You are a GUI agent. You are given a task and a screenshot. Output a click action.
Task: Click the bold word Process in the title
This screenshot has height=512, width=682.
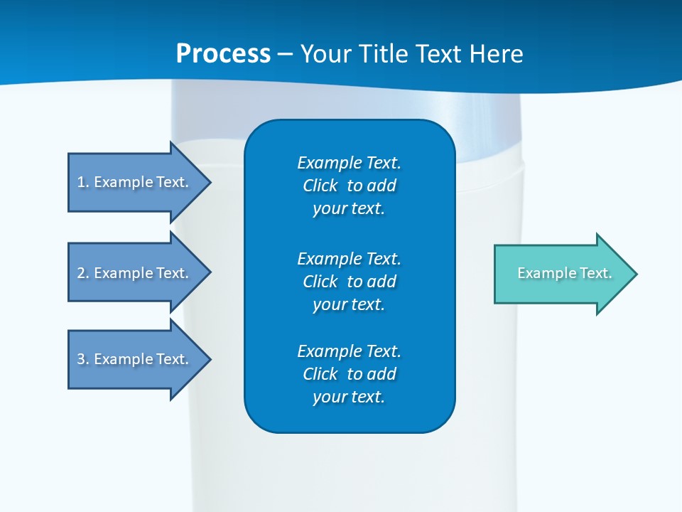pyautogui.click(x=223, y=54)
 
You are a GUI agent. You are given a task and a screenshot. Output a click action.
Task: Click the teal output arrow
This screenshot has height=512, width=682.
pyautogui.click(x=561, y=274)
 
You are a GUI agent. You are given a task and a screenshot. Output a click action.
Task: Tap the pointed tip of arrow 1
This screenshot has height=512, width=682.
pyautogui.click(x=208, y=182)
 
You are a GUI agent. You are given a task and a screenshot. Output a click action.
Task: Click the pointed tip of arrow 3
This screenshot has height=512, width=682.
pyautogui.click(x=208, y=359)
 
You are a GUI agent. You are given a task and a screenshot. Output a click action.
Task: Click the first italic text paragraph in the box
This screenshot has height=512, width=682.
pyautogui.click(x=349, y=186)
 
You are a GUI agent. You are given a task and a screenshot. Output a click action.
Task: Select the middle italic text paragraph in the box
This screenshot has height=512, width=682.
pyautogui.click(x=349, y=282)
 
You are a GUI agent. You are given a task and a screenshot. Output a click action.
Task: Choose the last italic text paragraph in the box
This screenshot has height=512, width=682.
pyautogui.click(x=349, y=374)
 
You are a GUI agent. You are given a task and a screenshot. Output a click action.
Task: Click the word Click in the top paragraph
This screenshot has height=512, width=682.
pyautogui.click(x=320, y=186)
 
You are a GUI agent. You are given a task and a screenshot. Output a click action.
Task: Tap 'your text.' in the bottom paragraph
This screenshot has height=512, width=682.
pyautogui.click(x=349, y=397)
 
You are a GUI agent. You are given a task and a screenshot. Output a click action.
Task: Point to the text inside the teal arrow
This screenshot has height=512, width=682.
pyautogui.click(x=564, y=273)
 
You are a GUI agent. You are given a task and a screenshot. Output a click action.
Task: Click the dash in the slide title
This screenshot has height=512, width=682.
pyautogui.click(x=286, y=54)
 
